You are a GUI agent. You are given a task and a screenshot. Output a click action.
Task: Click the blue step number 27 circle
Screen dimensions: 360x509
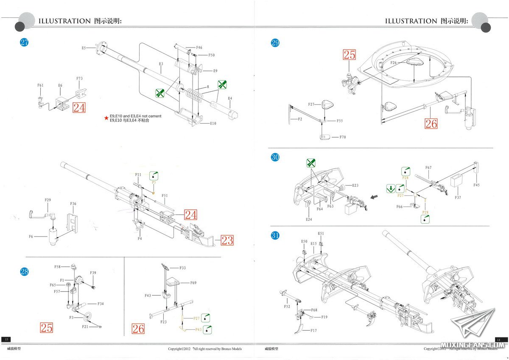(25, 42)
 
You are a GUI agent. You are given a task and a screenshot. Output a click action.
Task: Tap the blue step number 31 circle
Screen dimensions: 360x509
(275, 236)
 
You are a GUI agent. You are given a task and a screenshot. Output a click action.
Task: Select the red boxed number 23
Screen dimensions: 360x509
(227, 240)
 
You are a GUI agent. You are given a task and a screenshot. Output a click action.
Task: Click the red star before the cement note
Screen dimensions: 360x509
(106, 118)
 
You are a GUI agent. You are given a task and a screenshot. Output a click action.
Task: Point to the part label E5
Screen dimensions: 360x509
(84, 48)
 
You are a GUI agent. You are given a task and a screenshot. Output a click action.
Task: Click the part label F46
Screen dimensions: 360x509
(199, 48)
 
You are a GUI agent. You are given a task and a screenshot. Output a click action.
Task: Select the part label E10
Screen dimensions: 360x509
(213, 124)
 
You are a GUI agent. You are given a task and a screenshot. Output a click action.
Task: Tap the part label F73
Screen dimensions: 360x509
(79, 79)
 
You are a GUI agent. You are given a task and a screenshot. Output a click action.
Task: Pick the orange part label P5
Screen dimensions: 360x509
(154, 182)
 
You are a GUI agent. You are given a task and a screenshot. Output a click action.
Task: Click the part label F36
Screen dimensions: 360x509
(73, 204)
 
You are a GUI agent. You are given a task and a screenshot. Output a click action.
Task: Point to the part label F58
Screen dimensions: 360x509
(57, 267)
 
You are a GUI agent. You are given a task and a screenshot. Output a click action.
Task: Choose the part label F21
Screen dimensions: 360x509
(85, 326)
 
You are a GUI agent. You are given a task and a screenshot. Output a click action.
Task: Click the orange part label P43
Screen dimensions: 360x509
(198, 330)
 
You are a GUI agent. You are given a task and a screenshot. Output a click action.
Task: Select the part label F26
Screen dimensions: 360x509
(393, 63)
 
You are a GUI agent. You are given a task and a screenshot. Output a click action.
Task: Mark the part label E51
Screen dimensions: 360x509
(321, 233)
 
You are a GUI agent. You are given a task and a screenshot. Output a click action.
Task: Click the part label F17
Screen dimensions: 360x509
(313, 330)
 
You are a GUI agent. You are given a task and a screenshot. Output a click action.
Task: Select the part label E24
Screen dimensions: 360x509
(308, 219)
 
